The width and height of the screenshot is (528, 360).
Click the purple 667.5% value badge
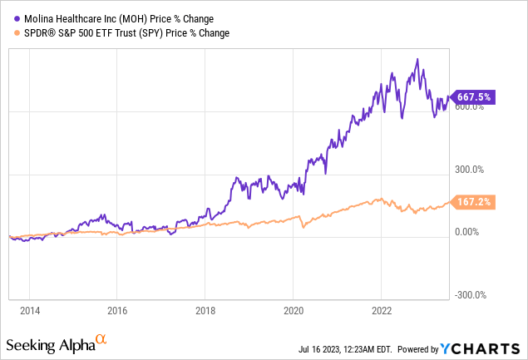[473, 96]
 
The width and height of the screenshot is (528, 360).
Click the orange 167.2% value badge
[473, 202]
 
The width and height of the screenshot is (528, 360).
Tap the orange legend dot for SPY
[11, 32]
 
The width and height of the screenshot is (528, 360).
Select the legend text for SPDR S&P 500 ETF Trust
[122, 32]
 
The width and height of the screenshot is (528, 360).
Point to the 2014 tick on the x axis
[29, 309]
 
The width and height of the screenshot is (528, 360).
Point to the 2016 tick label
[117, 309]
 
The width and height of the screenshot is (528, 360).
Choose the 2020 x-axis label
[293, 309]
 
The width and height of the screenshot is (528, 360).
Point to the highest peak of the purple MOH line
[417, 59]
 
